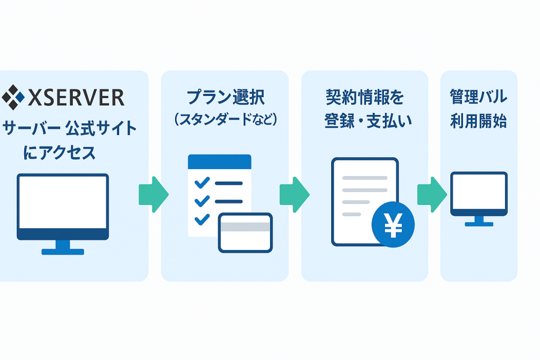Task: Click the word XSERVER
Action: pos(75,98)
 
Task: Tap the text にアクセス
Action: pos(60,153)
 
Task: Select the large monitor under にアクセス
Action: pos(63,206)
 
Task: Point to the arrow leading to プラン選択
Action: pos(153,194)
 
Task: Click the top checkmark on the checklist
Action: pos(201,183)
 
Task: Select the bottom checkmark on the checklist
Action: pos(201,218)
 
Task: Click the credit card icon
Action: pos(245,232)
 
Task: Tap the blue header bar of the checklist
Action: pos(219,162)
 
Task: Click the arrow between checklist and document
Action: pos(294,194)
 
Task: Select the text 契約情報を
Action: pos(364,98)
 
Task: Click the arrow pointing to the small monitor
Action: pos(431,194)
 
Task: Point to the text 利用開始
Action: pos(478,121)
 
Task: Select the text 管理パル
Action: pos(478,98)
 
